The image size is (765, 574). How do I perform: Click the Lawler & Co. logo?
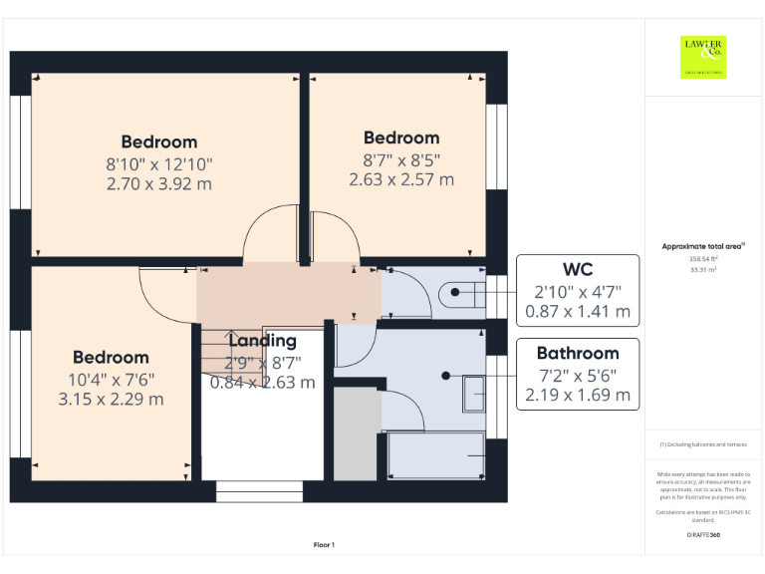click(703, 57)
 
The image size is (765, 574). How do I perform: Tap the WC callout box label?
click(578, 270)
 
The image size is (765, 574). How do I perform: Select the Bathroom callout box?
click(578, 374)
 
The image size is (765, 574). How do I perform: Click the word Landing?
click(262, 341)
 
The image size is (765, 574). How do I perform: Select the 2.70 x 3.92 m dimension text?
click(159, 183)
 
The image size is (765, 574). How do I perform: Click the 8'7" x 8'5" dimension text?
click(400, 159)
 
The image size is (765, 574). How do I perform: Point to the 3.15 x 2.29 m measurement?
click(111, 399)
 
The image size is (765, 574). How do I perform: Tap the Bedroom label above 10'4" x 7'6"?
click(111, 357)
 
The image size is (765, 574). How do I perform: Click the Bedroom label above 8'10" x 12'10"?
click(159, 142)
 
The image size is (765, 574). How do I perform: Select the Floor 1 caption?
click(324, 544)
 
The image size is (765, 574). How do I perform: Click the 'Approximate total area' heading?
click(703, 245)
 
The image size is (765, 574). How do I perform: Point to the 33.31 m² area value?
click(703, 268)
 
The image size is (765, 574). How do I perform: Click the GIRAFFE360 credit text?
click(703, 535)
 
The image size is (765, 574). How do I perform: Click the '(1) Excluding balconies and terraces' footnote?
click(703, 444)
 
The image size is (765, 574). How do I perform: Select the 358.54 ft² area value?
click(703, 258)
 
